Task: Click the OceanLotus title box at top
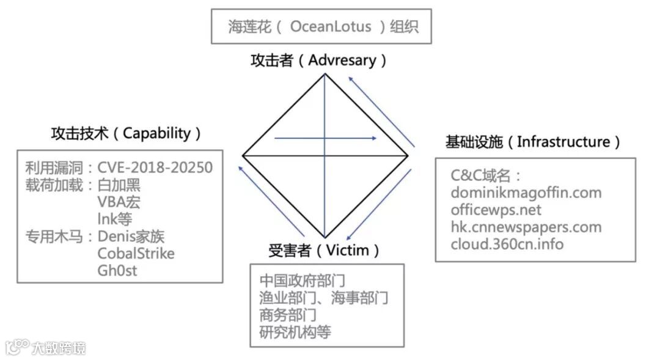point(321,26)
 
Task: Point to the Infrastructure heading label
point(563,142)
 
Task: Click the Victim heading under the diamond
point(348,250)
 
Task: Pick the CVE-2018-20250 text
point(155,167)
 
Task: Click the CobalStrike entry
point(136,253)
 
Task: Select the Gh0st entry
point(117,270)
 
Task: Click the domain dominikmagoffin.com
point(526,193)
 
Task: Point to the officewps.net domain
point(496,210)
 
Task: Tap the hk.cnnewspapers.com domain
point(526,227)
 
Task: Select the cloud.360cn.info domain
point(507,244)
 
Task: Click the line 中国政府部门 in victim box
point(302,281)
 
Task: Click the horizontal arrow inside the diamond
point(325,138)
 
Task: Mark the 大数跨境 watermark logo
point(46,348)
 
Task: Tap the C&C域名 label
point(485,175)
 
